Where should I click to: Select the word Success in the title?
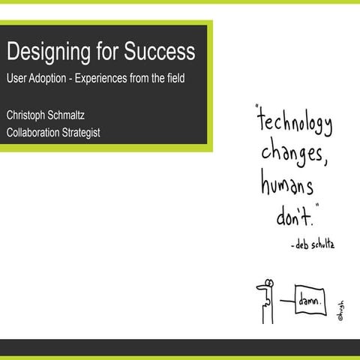(159, 52)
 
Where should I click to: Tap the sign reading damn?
(309, 301)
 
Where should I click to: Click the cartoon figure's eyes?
(264, 285)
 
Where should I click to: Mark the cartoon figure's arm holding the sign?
(285, 302)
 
